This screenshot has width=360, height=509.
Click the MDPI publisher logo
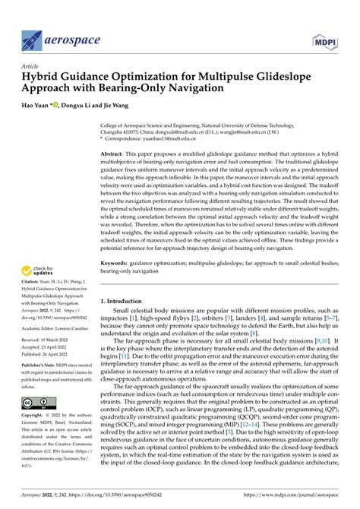coord(328,39)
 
